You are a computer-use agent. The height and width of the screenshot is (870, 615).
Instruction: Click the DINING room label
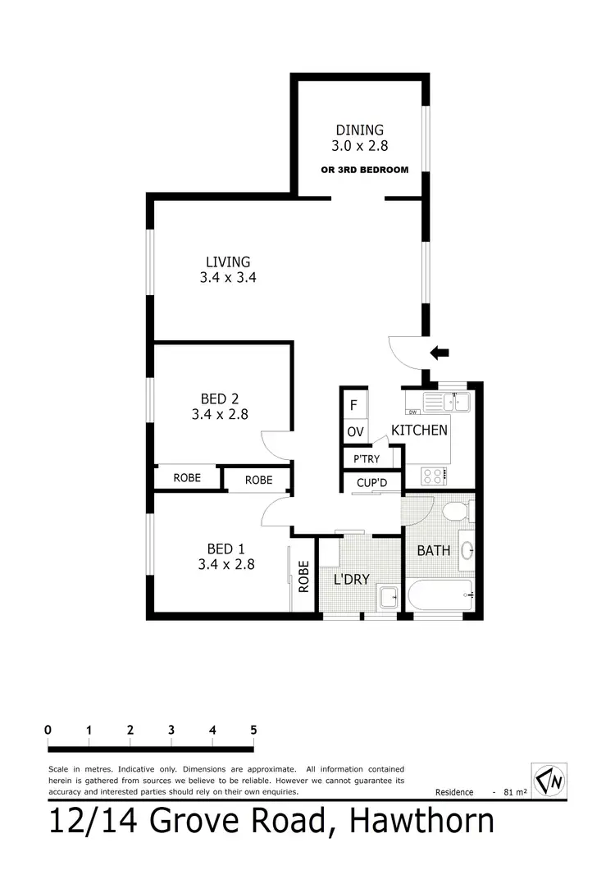pos(359,130)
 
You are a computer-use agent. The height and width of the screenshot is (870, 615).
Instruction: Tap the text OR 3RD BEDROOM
pos(364,171)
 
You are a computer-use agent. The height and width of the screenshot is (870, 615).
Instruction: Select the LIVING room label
pos(228,262)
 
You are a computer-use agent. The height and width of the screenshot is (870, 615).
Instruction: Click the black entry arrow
pos(440,353)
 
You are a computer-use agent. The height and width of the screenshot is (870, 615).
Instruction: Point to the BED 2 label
pos(220,399)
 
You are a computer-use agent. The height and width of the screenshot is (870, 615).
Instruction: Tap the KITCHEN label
pos(419,430)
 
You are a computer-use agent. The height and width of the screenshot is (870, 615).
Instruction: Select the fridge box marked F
pos(353,405)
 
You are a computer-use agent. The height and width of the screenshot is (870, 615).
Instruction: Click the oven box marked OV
pos(354,431)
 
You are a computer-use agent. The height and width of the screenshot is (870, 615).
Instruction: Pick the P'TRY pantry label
pos(367,458)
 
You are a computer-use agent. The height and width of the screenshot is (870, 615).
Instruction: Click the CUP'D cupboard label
pos(371,484)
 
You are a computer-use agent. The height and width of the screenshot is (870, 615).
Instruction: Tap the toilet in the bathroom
pos(453,512)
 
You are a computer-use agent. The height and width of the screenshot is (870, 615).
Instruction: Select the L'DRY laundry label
pos(351,580)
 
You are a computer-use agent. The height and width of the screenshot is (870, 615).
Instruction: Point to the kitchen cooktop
pos(433,475)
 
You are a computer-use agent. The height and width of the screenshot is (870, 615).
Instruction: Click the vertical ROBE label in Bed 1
pos(303,576)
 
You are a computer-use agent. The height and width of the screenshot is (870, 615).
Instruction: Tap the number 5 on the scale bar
pos(253,729)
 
